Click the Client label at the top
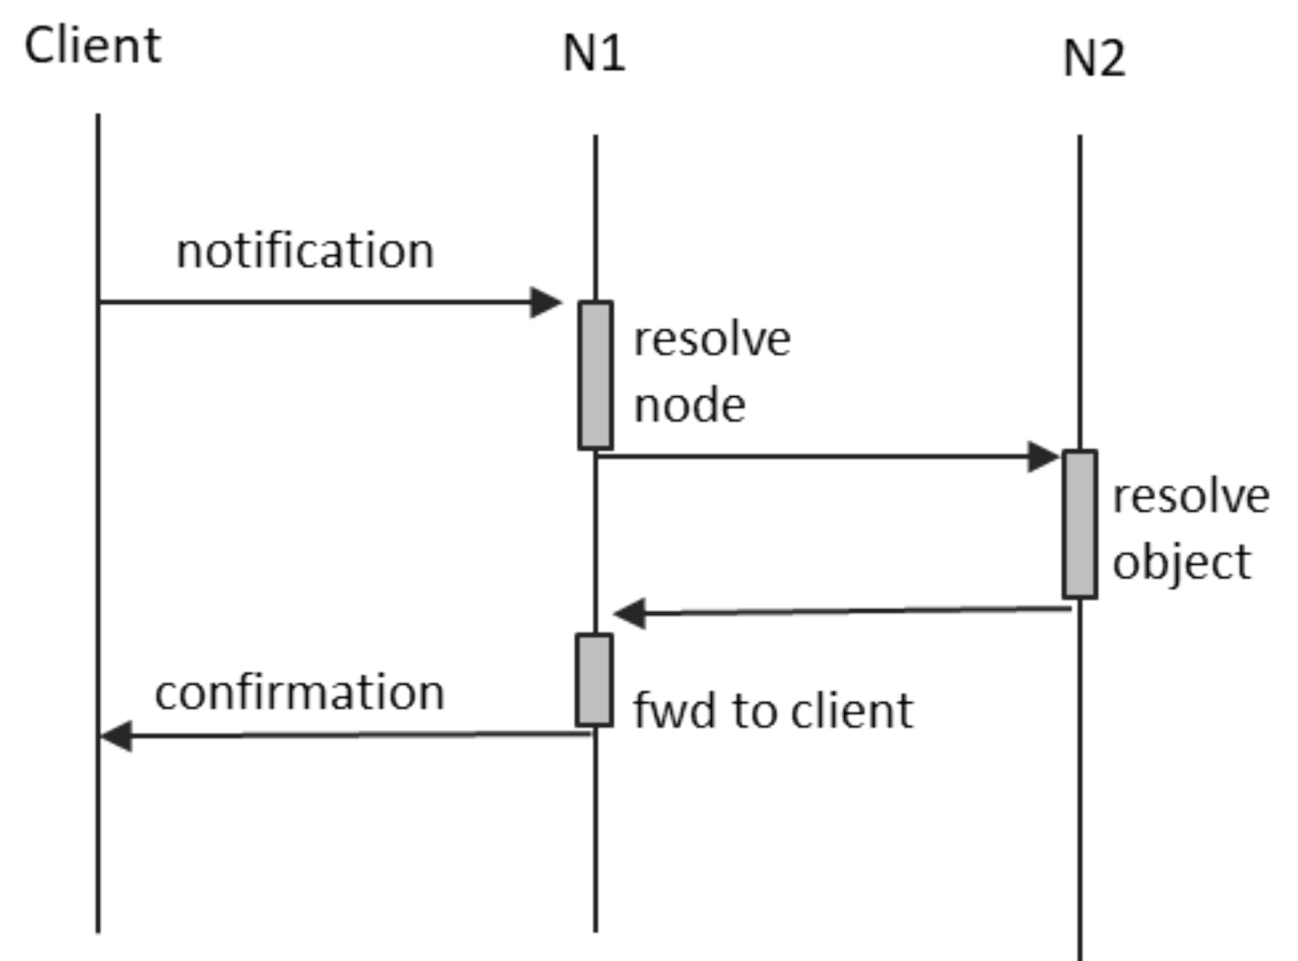pos(92,46)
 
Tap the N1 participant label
pos(594,53)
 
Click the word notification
pos(305,251)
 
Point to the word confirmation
pos(299,693)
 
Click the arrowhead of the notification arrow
pos(547,302)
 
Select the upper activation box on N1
pos(595,375)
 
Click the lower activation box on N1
pos(594,680)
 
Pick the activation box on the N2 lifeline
pos(1079,524)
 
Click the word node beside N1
pos(690,406)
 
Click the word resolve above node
pos(712,340)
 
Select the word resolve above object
pos(1191,496)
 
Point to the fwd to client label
pos(773,711)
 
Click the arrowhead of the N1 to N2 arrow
pos(1044,457)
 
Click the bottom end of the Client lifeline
pos(98,930)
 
